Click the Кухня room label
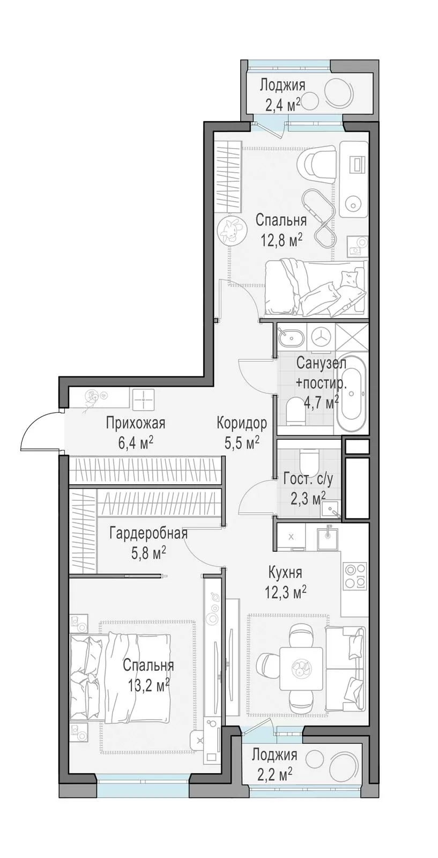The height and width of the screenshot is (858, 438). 285,572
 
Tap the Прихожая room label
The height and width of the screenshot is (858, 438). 135,424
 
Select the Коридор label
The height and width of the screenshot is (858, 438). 242,424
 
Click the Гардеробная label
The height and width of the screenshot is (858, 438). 148,533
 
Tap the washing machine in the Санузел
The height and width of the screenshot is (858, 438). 321,337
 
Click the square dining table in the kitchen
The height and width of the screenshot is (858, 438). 301,668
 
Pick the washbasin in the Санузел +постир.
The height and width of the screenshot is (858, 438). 290,337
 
